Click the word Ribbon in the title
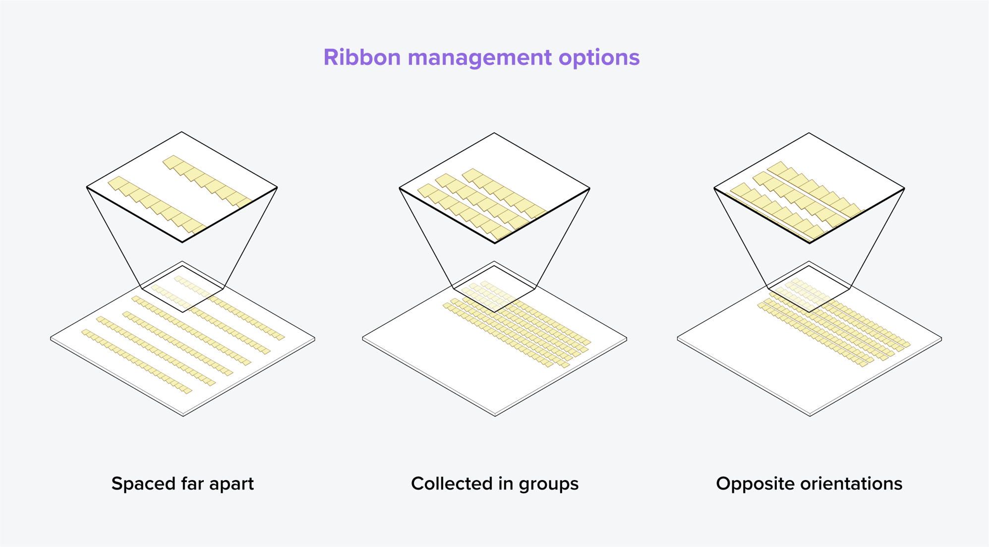[x=362, y=57]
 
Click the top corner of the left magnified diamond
[x=182, y=132]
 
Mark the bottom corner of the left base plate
[x=183, y=416]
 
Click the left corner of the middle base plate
[x=362, y=338]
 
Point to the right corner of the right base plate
[x=941, y=339]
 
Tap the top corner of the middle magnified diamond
[x=494, y=133]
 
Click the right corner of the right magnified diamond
[x=905, y=188]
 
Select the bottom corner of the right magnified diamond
[x=810, y=243]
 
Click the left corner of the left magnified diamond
[x=87, y=187]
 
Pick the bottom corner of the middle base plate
[x=495, y=416]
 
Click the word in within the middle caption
[x=512, y=484]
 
